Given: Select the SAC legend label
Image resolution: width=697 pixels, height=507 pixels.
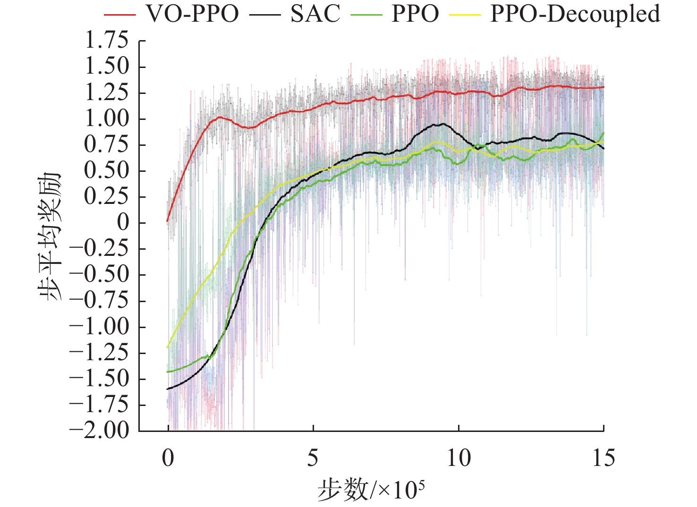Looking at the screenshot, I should (315, 14).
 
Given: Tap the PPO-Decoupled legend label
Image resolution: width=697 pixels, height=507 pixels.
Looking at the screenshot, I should (575, 14).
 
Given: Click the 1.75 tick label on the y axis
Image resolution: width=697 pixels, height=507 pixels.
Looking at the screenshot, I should (106, 41).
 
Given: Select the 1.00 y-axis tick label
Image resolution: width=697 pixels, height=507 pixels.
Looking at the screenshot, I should (106, 118).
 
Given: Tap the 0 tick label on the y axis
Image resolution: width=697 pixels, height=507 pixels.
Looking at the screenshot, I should (123, 222).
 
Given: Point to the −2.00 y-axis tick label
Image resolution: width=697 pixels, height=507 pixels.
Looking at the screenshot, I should (99, 430).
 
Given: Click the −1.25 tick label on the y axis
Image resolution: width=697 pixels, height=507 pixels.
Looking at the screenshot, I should (99, 352).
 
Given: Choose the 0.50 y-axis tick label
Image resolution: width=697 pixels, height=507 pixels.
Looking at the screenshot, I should (106, 170).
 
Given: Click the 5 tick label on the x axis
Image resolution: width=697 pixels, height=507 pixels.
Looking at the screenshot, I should (313, 458).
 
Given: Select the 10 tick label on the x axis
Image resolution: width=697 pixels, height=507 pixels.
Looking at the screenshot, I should (459, 458).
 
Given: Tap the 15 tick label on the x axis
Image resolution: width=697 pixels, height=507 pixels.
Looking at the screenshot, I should (603, 458).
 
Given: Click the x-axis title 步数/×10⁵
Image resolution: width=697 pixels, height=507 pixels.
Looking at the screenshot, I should (371, 490).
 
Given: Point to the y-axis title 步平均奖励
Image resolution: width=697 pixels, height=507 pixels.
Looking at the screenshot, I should (51, 236).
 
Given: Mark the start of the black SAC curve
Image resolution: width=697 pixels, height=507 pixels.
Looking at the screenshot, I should (168, 389).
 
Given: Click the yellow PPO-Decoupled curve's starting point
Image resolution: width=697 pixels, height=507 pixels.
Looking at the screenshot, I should (168, 347).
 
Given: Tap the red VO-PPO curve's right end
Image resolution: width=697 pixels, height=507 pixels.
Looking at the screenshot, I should (603, 87).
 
